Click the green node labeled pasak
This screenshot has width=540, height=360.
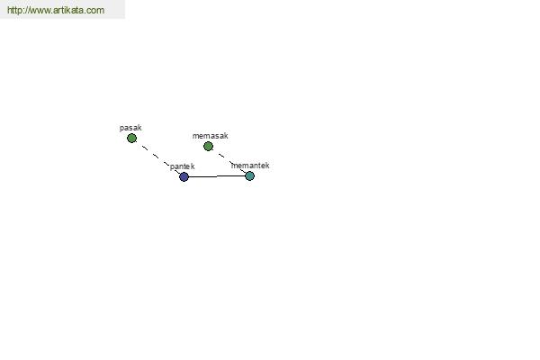coord(131,138)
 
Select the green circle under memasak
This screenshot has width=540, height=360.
coord(208,147)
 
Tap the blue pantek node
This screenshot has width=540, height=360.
coord(184,176)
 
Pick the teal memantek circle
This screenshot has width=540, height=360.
coord(249,176)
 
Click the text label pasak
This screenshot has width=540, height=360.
coord(130,128)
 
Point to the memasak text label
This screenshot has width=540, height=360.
coord(210,136)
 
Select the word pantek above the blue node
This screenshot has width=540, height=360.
coord(182,166)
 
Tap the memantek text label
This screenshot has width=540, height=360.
coord(250,166)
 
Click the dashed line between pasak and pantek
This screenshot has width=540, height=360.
coord(157,157)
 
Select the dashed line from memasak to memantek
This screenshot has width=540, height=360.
coord(229,161)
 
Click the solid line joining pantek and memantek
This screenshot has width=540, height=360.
coord(217,176)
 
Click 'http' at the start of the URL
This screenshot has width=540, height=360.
coord(13,10)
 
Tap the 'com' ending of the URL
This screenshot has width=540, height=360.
coord(95,11)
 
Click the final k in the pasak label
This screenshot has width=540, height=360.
coord(139,128)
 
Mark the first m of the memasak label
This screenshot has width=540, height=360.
coord(195,136)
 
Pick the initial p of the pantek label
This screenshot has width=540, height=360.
coord(172,167)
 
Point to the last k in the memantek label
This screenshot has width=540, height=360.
coord(267,166)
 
